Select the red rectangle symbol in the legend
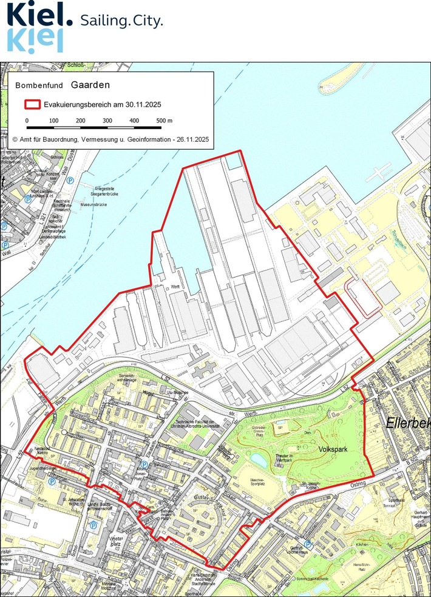click(x=32, y=104)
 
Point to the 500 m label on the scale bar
click(x=165, y=121)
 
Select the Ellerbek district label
click(x=408, y=423)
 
